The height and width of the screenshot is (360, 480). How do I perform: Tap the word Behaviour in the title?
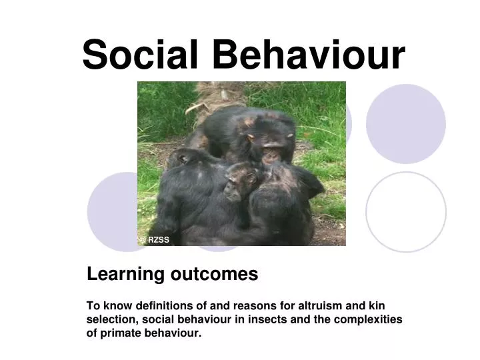(x=302, y=55)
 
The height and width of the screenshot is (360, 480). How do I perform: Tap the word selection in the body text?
(x=109, y=319)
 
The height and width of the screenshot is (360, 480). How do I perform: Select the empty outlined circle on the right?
(x=406, y=211)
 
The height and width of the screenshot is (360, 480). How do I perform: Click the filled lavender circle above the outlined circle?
(x=406, y=124)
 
